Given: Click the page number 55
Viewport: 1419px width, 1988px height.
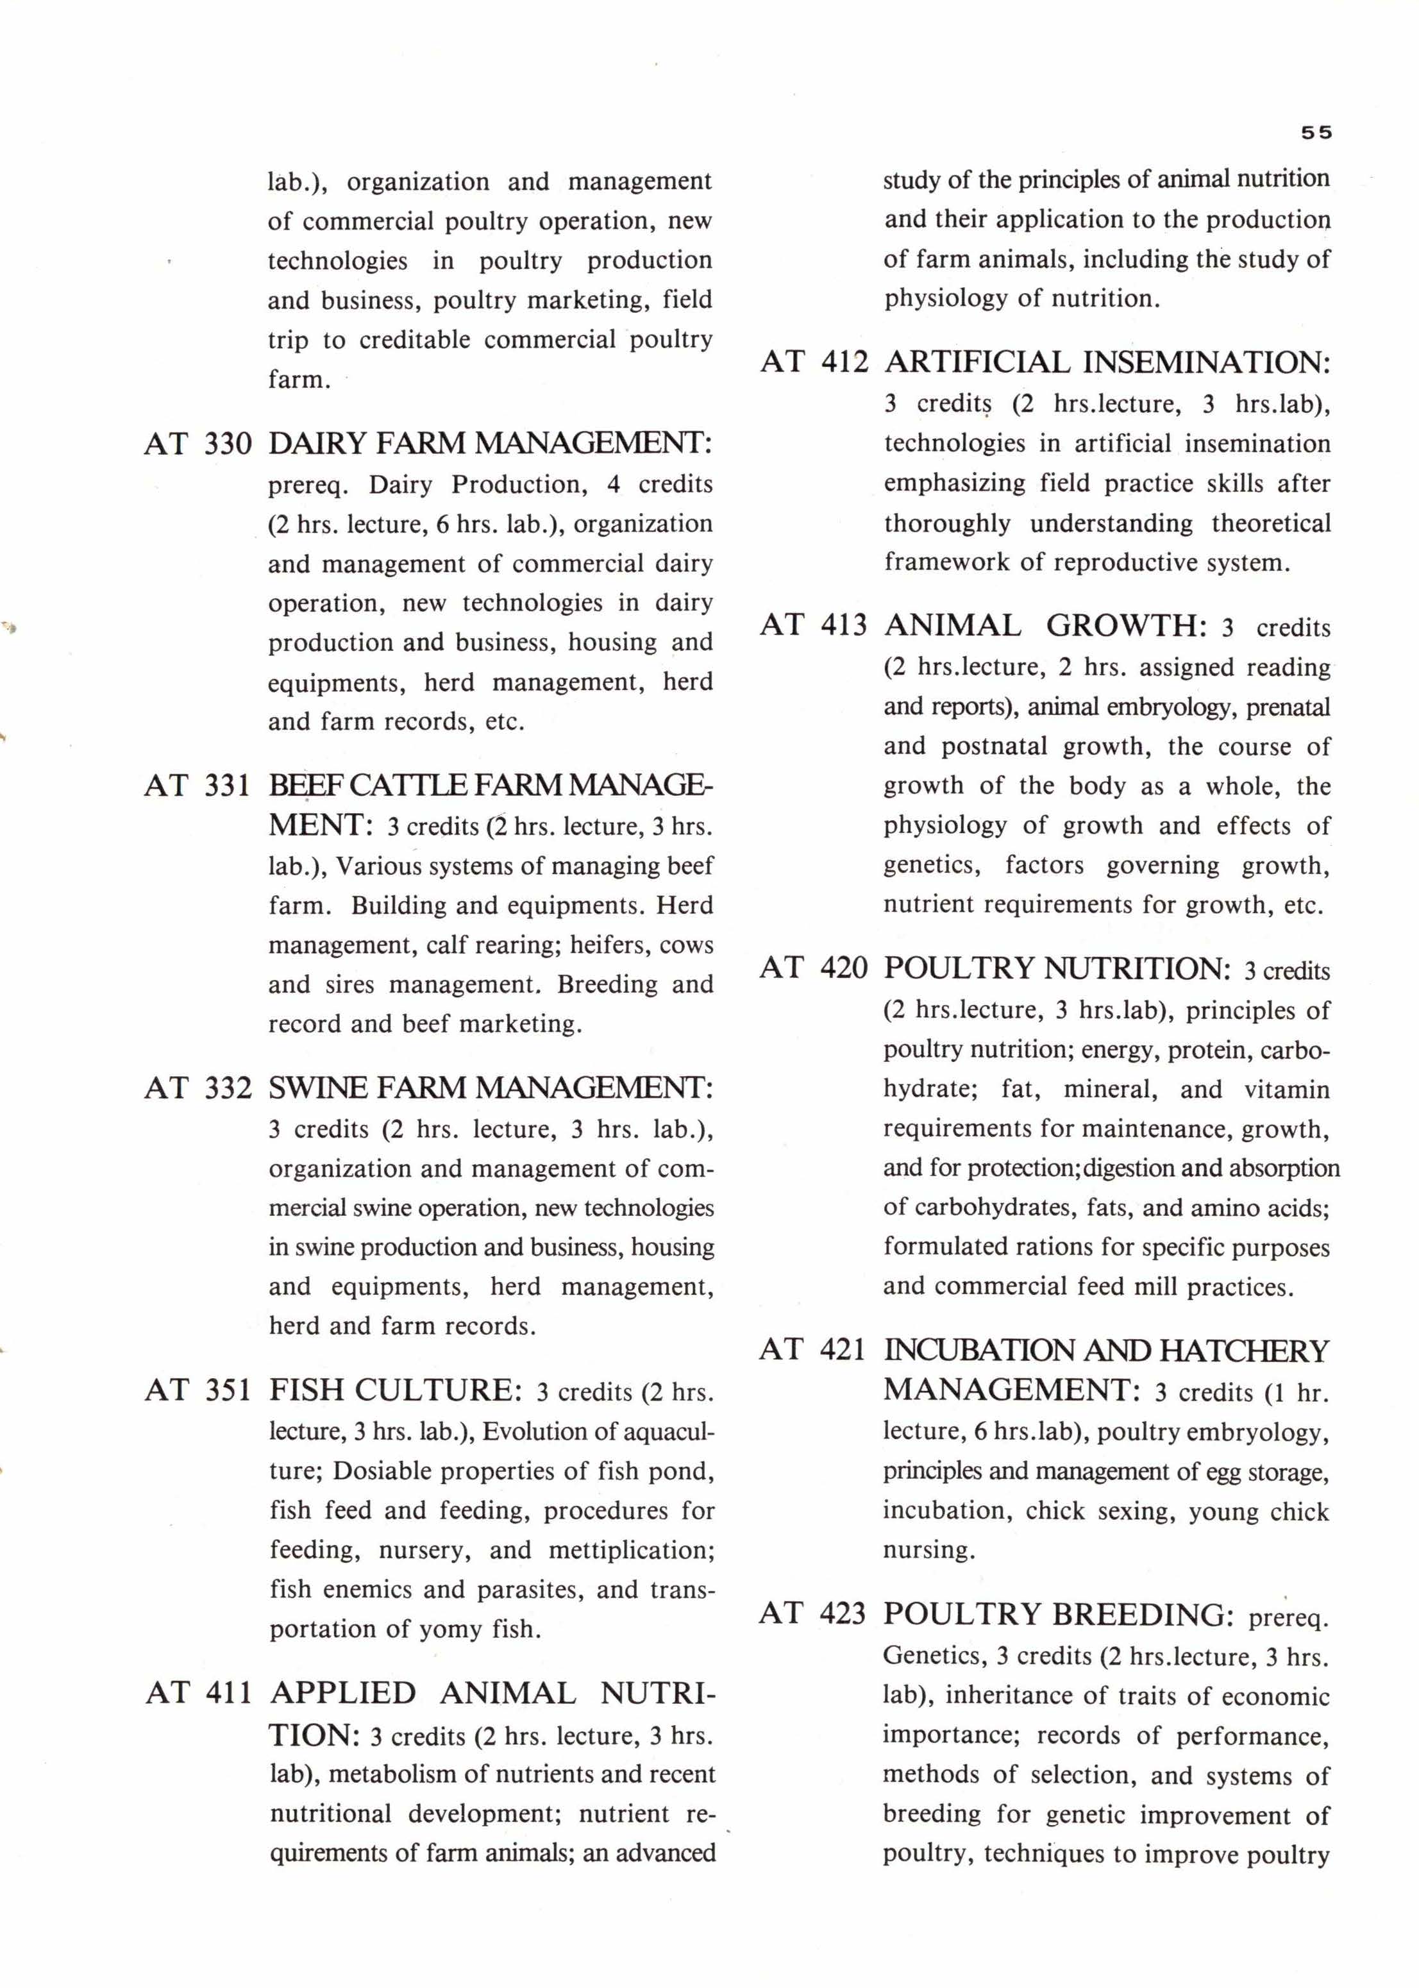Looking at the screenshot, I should (1316, 133).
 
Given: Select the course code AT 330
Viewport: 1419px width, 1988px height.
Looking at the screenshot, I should (198, 444).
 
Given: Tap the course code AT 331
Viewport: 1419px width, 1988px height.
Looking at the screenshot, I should (198, 786).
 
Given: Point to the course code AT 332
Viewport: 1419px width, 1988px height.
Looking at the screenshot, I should (198, 1088).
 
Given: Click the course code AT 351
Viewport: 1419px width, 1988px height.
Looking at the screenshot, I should (198, 1390).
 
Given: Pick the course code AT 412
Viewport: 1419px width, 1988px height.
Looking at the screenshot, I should (814, 362).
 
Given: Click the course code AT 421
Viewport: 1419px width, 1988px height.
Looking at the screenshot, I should (812, 1350).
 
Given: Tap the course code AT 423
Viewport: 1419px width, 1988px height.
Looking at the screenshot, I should (812, 1613).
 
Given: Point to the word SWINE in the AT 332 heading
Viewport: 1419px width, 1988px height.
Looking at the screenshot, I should (318, 1088).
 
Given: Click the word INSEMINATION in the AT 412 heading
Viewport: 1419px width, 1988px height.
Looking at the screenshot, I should (1207, 362).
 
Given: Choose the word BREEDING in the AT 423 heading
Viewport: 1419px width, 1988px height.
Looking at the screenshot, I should (1144, 1613).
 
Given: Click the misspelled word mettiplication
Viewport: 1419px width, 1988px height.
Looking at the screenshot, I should (632, 1550).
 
